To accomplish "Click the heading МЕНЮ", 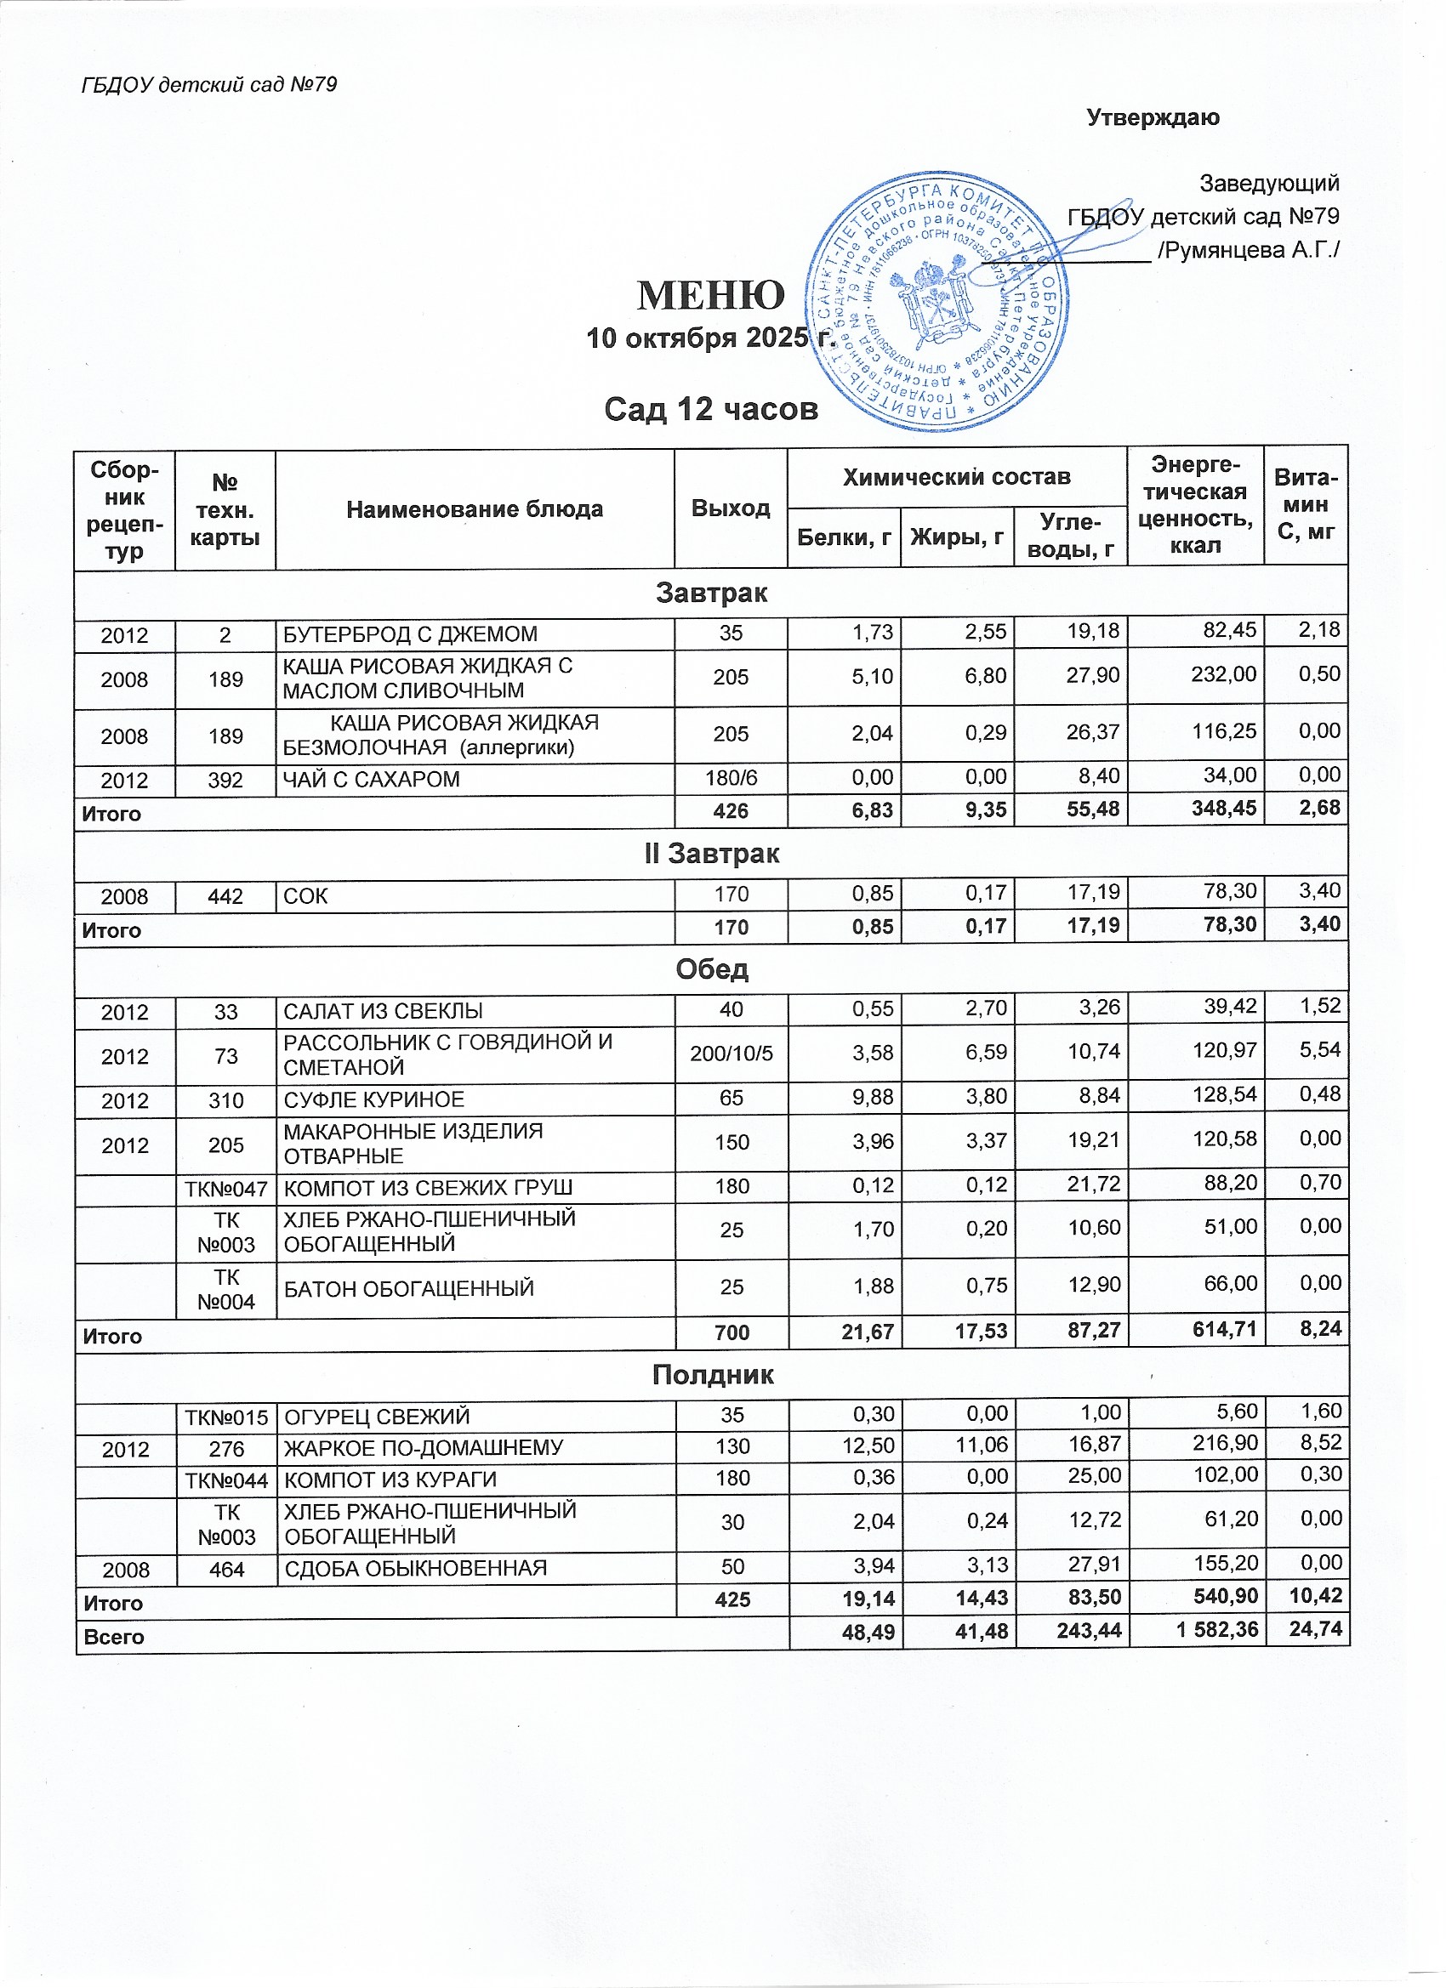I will click(710, 295).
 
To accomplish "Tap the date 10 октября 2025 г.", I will click(710, 338).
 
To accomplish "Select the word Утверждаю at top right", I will click(1153, 117).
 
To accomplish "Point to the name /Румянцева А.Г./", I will click(1248, 251).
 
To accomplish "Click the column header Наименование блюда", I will click(475, 509).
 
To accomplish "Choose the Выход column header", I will click(731, 508).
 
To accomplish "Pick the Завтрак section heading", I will click(711, 594).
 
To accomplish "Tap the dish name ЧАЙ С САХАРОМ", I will click(371, 779).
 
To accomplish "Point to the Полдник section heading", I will click(712, 1374).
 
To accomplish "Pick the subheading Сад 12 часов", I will click(710, 409).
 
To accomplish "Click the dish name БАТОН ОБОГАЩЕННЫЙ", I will click(409, 1288).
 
